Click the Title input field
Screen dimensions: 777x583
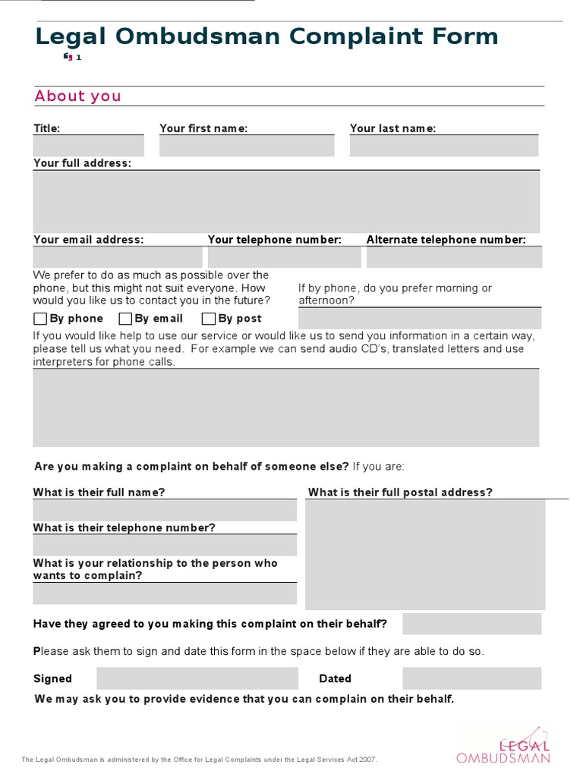[x=88, y=146]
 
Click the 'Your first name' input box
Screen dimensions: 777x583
[x=247, y=146]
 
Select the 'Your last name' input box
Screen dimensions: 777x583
[x=444, y=146]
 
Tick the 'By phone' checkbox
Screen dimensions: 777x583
[x=40, y=319]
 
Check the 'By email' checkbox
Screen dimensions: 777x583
[x=125, y=319]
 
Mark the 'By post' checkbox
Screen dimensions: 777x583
[x=208, y=319]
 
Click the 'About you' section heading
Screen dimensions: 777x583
[x=78, y=96]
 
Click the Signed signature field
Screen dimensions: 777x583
[x=197, y=678]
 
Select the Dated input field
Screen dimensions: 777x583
[x=471, y=678]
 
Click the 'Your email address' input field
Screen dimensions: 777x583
[x=118, y=256]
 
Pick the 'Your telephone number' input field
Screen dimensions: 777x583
[x=285, y=256]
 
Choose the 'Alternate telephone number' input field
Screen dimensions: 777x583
[x=454, y=256]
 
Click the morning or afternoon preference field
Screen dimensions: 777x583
[x=420, y=318]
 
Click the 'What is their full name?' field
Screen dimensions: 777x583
[x=165, y=510]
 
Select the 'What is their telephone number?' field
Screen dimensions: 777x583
[x=165, y=545]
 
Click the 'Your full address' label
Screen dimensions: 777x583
[x=82, y=163]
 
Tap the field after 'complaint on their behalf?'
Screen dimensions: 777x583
[x=471, y=624]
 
